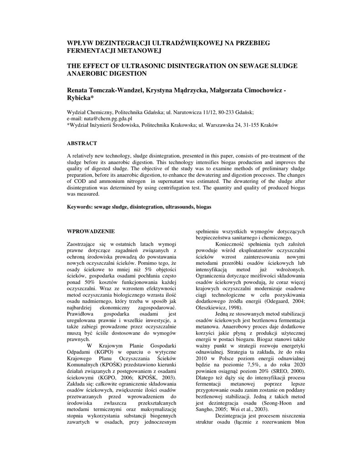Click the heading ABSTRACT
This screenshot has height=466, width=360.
coord(82,143)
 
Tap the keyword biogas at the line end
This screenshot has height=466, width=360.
coord(203,207)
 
